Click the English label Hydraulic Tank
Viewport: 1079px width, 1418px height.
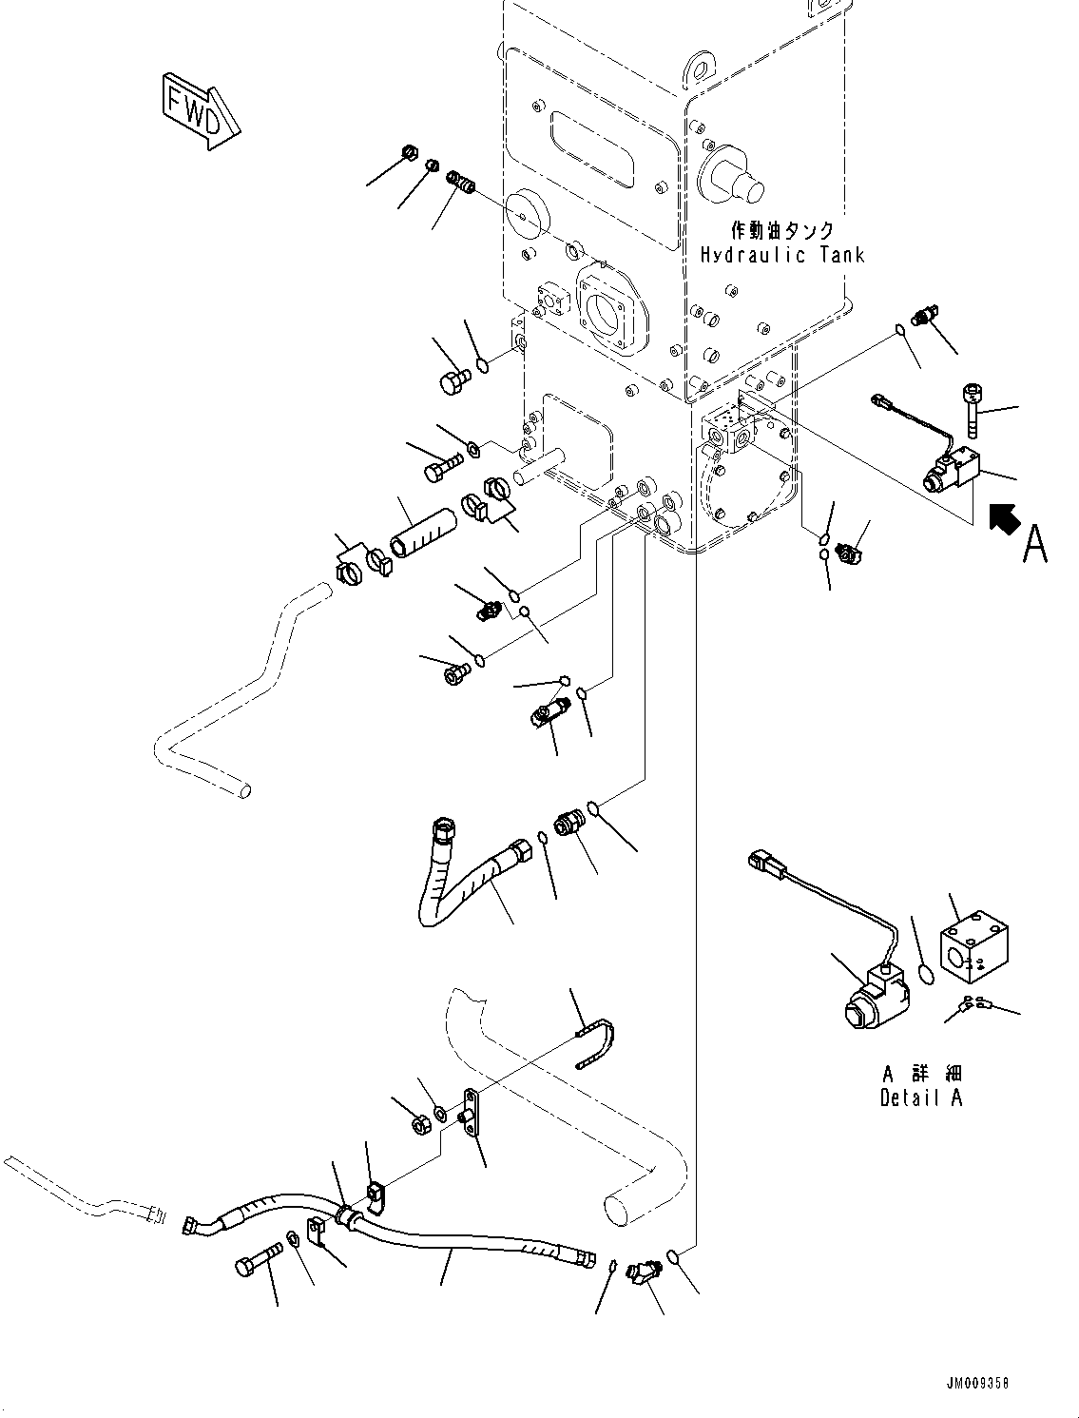(782, 255)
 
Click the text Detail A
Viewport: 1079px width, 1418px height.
(920, 1097)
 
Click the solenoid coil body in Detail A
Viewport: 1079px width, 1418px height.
(873, 996)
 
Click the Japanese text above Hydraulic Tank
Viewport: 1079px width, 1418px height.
(782, 230)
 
